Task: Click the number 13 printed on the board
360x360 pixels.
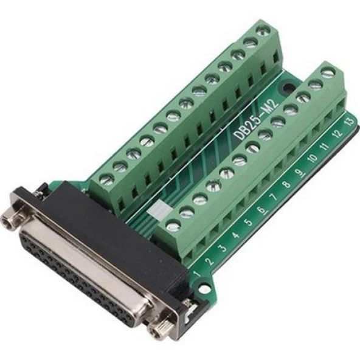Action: coord(350,121)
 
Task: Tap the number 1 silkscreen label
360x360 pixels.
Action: coord(197,274)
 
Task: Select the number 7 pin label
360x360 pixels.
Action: coord(273,197)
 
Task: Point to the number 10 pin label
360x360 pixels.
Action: coord(313,158)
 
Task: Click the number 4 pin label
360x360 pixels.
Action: coord(236,235)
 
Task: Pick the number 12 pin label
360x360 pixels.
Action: coord(337,133)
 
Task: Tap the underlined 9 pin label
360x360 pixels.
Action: coord(300,172)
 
